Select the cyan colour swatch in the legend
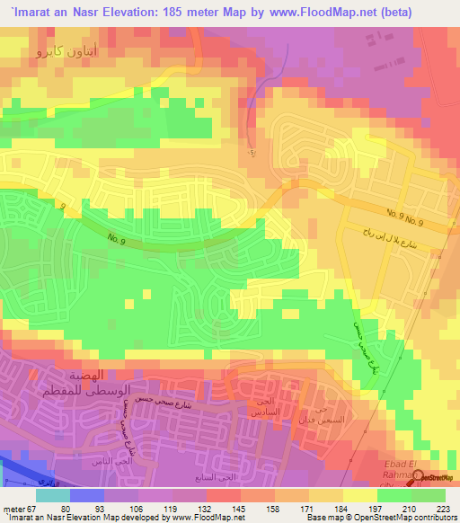pos(52,494)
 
